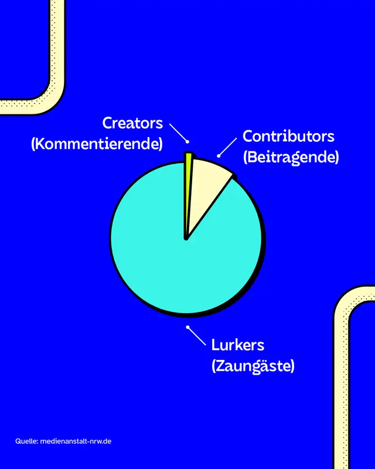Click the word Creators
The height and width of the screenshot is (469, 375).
(x=132, y=123)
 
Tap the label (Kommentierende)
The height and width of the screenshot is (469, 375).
(x=97, y=144)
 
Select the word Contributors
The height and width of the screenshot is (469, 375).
(x=289, y=137)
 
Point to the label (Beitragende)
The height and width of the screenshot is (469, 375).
(x=291, y=157)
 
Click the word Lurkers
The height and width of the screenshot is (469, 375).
(x=238, y=345)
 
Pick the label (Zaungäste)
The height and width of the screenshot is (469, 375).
(x=253, y=366)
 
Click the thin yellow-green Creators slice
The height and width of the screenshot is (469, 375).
(x=188, y=170)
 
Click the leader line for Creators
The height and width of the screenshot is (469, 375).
(x=179, y=132)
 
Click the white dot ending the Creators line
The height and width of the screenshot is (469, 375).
(x=187, y=141)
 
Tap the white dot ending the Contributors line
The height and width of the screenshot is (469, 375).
(x=219, y=156)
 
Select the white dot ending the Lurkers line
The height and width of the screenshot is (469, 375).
(x=187, y=327)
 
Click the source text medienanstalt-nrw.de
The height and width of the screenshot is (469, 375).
(x=76, y=441)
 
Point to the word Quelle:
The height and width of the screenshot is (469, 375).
(x=26, y=441)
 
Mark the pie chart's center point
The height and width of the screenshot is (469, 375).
(x=186, y=239)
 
